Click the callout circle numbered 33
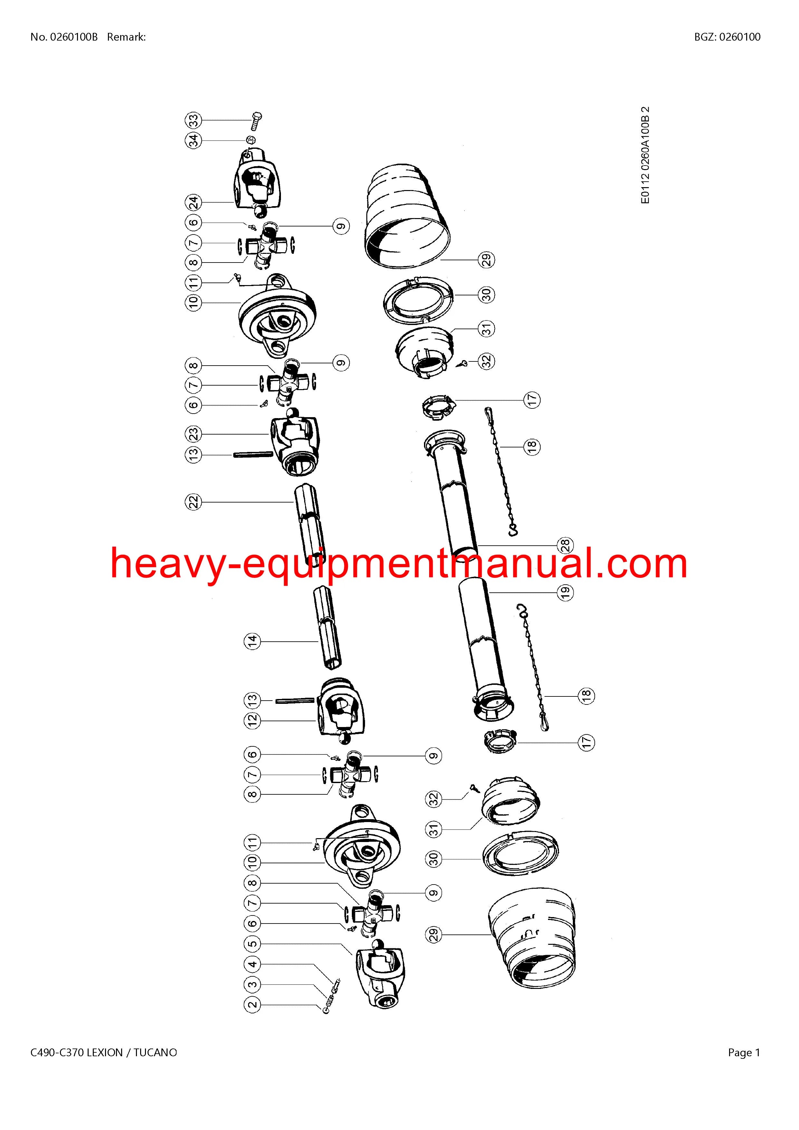pos(194,120)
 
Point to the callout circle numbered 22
pos(194,502)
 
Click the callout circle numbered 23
pos(194,434)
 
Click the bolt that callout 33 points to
pos(256,120)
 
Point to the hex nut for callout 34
pos(250,140)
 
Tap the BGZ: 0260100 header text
pos(727,37)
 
